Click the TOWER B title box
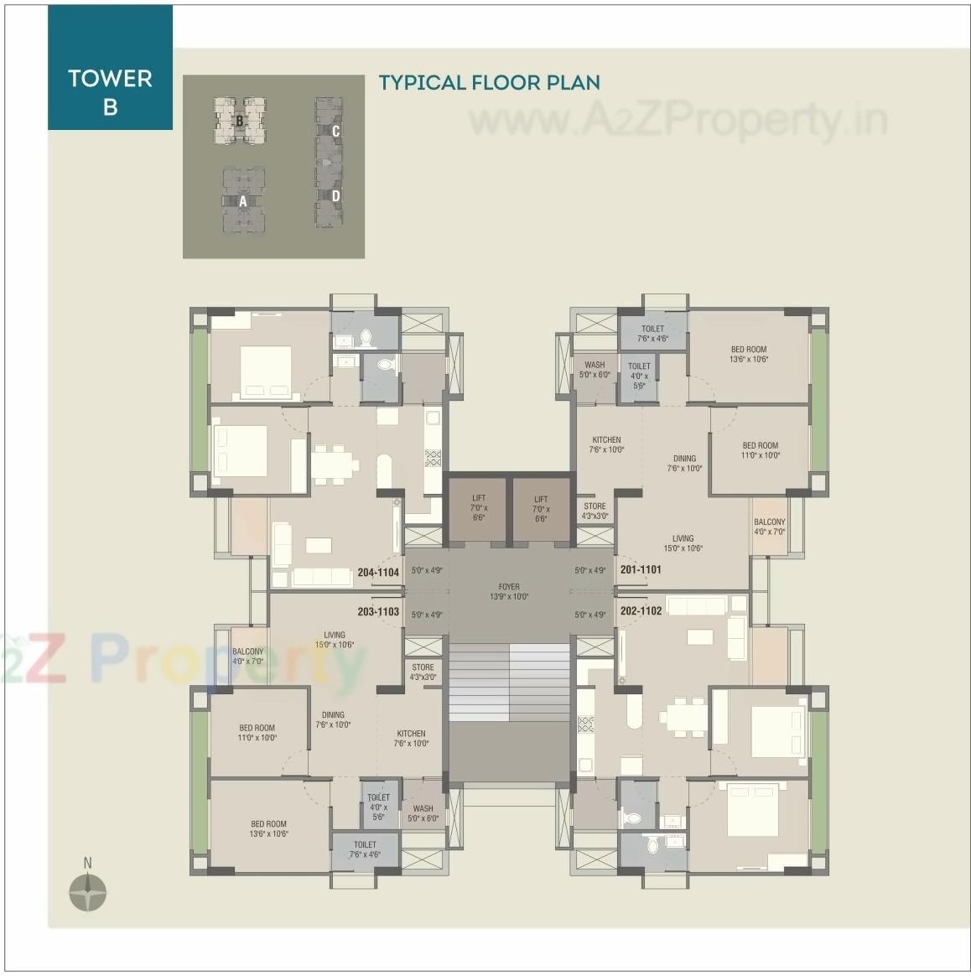click(110, 91)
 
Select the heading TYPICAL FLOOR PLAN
click(489, 82)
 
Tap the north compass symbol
click(87, 891)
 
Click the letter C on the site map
click(335, 131)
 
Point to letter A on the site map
click(243, 201)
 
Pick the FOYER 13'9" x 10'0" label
click(509, 592)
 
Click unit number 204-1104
click(378, 573)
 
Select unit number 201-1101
click(641, 569)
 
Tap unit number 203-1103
click(378, 612)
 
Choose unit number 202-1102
click(641, 610)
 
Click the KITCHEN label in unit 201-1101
click(606, 444)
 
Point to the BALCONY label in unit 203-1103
click(247, 656)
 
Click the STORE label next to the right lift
click(595, 511)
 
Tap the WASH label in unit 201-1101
click(595, 370)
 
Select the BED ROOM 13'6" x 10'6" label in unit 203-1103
click(268, 828)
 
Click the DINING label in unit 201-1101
click(684, 463)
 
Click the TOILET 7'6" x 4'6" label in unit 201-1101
click(652, 334)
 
